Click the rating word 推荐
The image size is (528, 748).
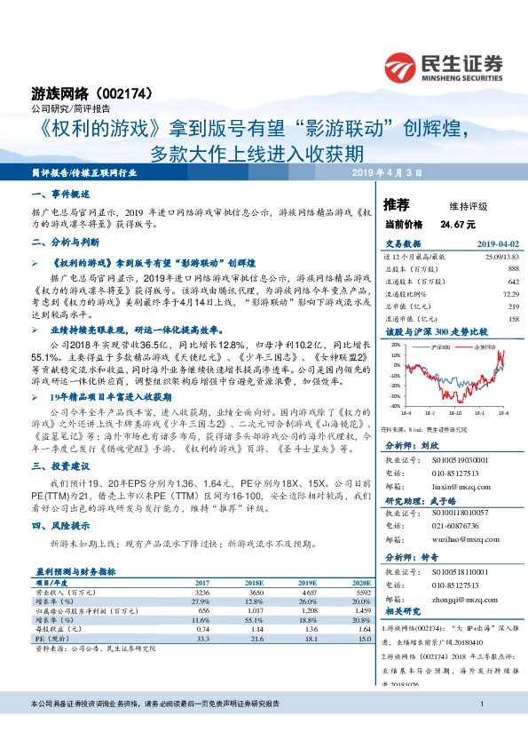click(x=396, y=205)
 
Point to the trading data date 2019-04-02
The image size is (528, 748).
click(x=498, y=243)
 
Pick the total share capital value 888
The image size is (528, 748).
click(x=513, y=267)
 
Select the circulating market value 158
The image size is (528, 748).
click(x=513, y=318)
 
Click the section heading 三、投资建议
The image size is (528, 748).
click(x=60, y=466)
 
